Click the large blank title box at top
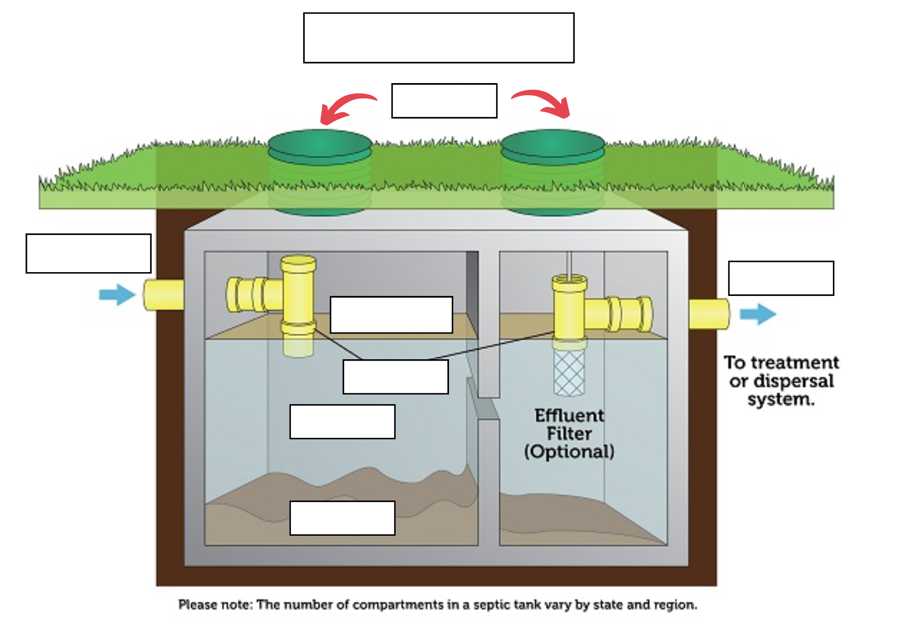pyautogui.click(x=439, y=38)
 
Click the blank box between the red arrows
pyautogui.click(x=444, y=101)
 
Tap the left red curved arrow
pyautogui.click(x=346, y=106)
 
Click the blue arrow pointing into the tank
pyautogui.click(x=117, y=295)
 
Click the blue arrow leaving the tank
pyautogui.click(x=758, y=313)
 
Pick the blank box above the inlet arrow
pyautogui.click(x=88, y=253)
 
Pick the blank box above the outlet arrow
pyautogui.click(x=781, y=278)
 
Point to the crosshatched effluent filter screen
pyautogui.click(x=569, y=373)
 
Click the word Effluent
pyautogui.click(x=569, y=415)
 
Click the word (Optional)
pyautogui.click(x=569, y=451)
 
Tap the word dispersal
pyautogui.click(x=793, y=381)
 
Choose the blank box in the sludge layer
pyautogui.click(x=342, y=518)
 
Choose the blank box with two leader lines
pyautogui.click(x=396, y=377)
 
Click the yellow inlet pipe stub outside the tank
pyautogui.click(x=164, y=295)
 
